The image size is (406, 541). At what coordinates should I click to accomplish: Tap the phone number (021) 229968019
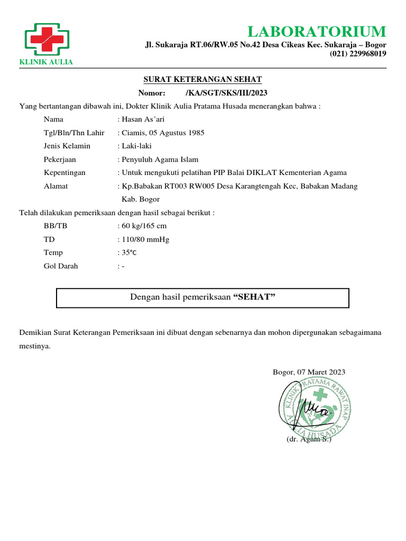point(357,54)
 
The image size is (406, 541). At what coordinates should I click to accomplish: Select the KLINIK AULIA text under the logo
point(46,62)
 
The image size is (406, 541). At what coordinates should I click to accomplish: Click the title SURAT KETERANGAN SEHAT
point(202,80)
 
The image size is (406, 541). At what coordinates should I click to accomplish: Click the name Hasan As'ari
point(143,119)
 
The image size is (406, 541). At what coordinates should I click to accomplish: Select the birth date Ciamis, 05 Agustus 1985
point(163,133)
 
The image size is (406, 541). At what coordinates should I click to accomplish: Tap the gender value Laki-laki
point(136,146)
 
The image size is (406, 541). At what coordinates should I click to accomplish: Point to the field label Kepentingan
point(64,173)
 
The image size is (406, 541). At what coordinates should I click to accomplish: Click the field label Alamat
point(56,186)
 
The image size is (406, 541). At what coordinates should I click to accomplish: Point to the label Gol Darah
point(61,266)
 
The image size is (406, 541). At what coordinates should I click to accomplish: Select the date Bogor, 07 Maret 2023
point(309,372)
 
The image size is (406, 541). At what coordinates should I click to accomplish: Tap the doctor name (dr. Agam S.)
point(309,440)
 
